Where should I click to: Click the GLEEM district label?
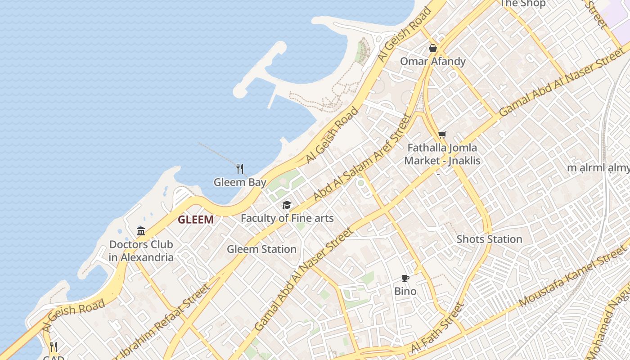coord(196,220)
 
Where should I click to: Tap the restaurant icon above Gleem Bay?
coord(240,169)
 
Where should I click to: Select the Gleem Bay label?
coord(240,182)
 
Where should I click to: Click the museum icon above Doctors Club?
coord(141,231)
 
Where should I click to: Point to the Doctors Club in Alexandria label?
coord(141,251)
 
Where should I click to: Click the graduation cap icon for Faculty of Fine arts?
coord(287,205)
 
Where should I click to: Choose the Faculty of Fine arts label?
coord(287,218)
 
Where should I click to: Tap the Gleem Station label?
coord(261,249)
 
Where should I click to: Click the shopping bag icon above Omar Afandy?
coord(433,48)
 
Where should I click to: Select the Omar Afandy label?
coord(433,61)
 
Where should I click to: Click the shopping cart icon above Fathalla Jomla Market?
coord(442,135)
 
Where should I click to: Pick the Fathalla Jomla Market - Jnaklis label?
coord(442,154)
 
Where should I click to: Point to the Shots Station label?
coord(489,239)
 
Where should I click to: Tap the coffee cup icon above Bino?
coord(405,279)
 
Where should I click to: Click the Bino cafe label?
coord(405,291)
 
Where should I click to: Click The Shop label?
coord(523,4)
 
